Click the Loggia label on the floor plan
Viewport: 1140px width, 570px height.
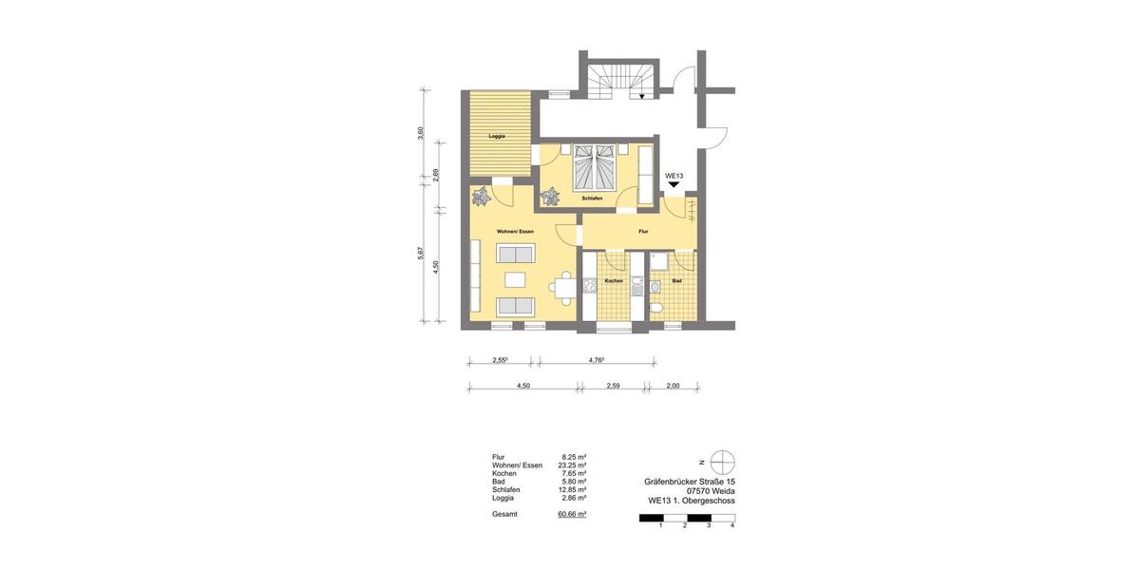tap(496, 136)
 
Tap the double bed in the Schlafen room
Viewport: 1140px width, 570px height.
tap(593, 168)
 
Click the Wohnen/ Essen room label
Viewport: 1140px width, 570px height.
tap(515, 232)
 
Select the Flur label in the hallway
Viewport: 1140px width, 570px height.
tap(643, 232)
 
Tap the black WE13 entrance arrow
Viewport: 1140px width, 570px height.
tap(674, 186)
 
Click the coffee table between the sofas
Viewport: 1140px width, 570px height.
tap(516, 279)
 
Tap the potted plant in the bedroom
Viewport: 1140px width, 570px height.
tap(550, 197)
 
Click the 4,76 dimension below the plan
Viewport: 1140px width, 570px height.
tap(597, 360)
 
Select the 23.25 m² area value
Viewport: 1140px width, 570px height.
tap(574, 465)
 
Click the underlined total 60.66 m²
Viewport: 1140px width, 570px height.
tap(572, 513)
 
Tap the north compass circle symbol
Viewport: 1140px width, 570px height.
tap(723, 463)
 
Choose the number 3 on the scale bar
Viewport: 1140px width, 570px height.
tap(709, 524)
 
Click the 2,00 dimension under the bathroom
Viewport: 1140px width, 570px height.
tap(673, 387)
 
